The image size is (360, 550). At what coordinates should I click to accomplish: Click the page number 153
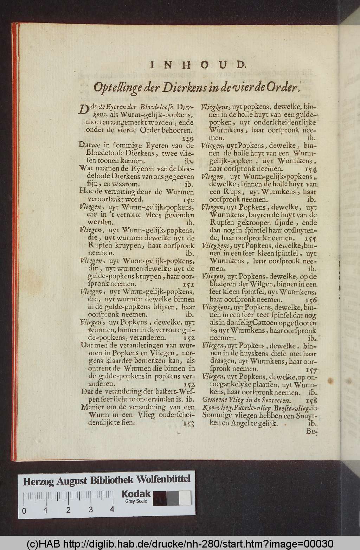coord(189,423)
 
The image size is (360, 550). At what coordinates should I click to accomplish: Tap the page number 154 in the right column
coord(311,169)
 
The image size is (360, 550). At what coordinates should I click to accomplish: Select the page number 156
coord(311,300)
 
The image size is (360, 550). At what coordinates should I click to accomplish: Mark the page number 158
coord(311,400)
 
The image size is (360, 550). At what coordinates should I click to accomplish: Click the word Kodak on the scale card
coord(136,494)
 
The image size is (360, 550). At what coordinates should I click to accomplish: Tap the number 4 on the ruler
coord(112,509)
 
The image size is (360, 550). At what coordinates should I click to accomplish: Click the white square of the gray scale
coord(185,498)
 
